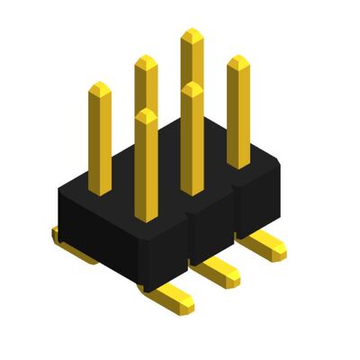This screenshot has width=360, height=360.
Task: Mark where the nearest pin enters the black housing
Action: tap(147, 219)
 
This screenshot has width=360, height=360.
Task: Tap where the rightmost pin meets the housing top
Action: tap(238, 166)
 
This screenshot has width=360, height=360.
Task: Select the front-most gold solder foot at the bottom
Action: tap(171, 296)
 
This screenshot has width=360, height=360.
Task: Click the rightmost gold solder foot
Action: tap(265, 244)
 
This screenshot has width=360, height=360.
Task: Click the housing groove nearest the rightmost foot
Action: tap(237, 216)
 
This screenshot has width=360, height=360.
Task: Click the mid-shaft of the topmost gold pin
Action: tap(192, 63)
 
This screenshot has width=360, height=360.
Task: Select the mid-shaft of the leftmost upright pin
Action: tap(101, 139)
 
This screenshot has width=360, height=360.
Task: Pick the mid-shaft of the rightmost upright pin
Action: tap(238, 112)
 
